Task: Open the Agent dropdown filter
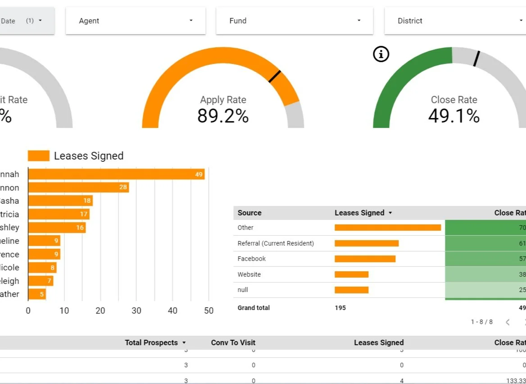click(135, 21)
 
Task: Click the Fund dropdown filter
click(294, 21)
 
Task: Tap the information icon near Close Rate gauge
click(381, 55)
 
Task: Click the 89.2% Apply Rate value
click(223, 116)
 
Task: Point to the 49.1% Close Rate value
click(453, 116)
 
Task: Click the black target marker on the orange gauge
click(275, 76)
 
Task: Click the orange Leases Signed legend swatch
click(38, 156)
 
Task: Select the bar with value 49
click(116, 174)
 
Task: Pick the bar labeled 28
click(78, 187)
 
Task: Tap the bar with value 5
click(37, 294)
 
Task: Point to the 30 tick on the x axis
click(136, 311)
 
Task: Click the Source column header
click(249, 213)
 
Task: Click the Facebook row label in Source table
click(252, 259)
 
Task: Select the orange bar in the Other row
click(387, 228)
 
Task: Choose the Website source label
click(249, 274)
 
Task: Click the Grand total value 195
click(340, 308)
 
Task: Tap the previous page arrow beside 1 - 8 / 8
click(508, 322)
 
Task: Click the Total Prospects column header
click(151, 343)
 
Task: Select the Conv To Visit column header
click(233, 343)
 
